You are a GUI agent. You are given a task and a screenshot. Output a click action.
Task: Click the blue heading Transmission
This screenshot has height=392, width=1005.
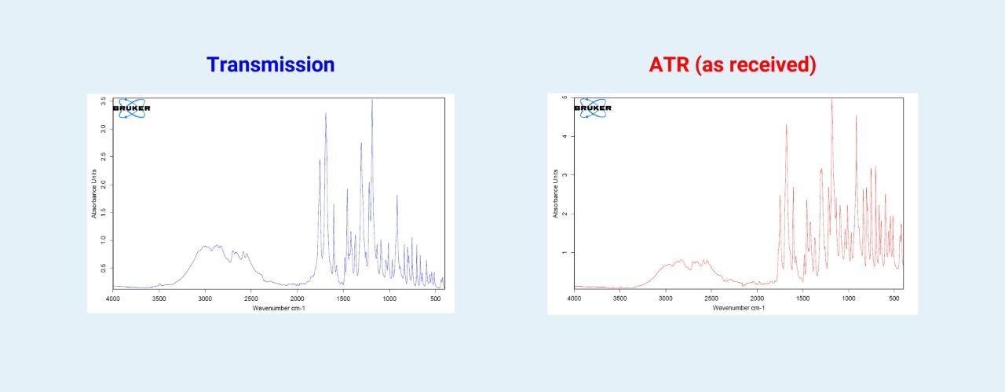270,64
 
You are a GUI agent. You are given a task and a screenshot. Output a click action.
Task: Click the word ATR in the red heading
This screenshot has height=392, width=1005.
668,64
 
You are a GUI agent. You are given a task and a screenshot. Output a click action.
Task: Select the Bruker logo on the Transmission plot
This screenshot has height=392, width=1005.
131,108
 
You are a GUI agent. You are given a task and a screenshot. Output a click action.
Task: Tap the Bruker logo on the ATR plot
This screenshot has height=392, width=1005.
593,108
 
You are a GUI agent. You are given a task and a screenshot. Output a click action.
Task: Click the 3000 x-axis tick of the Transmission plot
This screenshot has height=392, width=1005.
205,299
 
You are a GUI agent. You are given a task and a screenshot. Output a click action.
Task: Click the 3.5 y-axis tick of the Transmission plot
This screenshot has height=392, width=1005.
104,102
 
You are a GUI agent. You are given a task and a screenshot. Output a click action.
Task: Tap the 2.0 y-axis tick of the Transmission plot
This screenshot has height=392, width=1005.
104,185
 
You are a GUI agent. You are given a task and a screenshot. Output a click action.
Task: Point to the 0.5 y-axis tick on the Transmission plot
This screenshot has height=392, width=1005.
104,268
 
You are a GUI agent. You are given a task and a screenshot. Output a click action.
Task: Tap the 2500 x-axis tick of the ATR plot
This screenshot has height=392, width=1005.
711,299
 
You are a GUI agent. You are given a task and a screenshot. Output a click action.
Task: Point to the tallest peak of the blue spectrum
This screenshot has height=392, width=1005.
372,101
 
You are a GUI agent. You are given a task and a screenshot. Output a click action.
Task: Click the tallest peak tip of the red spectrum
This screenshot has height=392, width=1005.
831,100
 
